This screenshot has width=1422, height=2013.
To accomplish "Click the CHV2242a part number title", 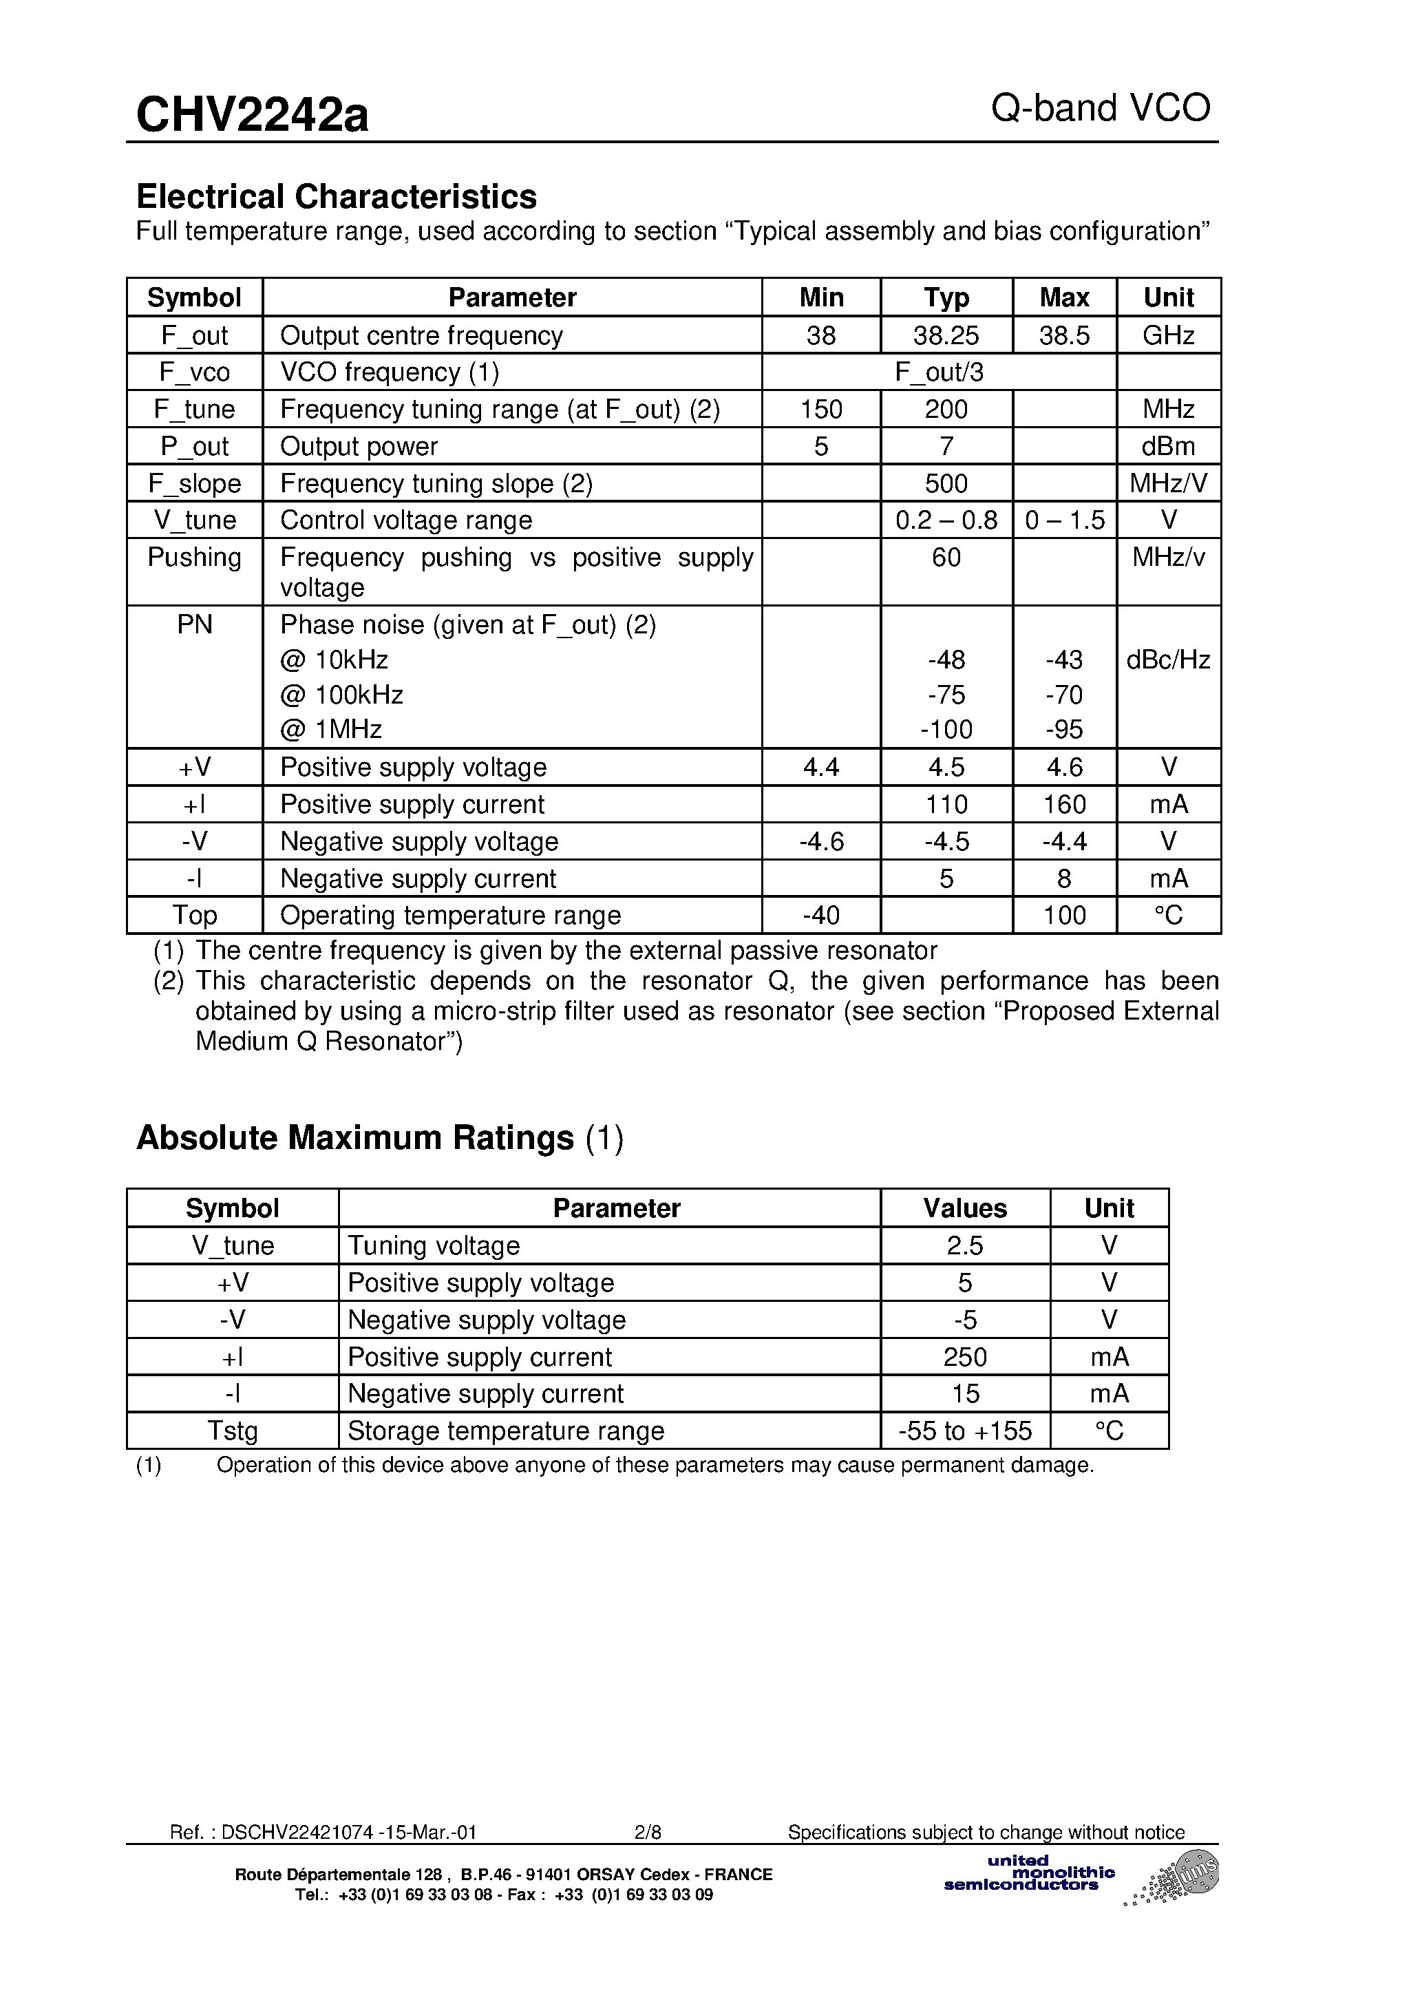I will pyautogui.click(x=253, y=115).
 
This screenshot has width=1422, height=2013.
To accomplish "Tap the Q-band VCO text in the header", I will pyautogui.click(x=1101, y=109).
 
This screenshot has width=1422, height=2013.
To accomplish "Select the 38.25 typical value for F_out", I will pyautogui.click(x=946, y=335).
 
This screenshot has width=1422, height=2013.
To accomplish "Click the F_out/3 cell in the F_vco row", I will pyautogui.click(x=939, y=372).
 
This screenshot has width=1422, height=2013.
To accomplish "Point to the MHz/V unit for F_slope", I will pyautogui.click(x=1168, y=483).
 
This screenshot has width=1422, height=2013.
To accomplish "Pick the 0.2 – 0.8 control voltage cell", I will pyautogui.click(x=946, y=520).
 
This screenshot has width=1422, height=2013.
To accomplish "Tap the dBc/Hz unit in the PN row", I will pyautogui.click(x=1168, y=660).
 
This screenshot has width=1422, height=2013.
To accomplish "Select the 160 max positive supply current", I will pyautogui.click(x=1064, y=804).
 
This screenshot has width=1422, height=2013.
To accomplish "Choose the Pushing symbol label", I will pyautogui.click(x=195, y=558).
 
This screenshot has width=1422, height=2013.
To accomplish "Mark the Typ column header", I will pyautogui.click(x=946, y=297).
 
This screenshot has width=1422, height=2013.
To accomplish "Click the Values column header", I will pyautogui.click(x=964, y=1208).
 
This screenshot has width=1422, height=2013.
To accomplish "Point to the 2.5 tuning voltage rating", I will pyautogui.click(x=964, y=1245).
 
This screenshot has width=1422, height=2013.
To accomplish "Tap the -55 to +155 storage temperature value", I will pyautogui.click(x=964, y=1431).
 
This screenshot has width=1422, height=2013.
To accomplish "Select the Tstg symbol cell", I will pyautogui.click(x=233, y=1431).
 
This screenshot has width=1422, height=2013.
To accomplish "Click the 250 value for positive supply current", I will pyautogui.click(x=964, y=1357).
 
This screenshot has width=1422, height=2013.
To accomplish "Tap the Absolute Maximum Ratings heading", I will pyautogui.click(x=355, y=1138).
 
